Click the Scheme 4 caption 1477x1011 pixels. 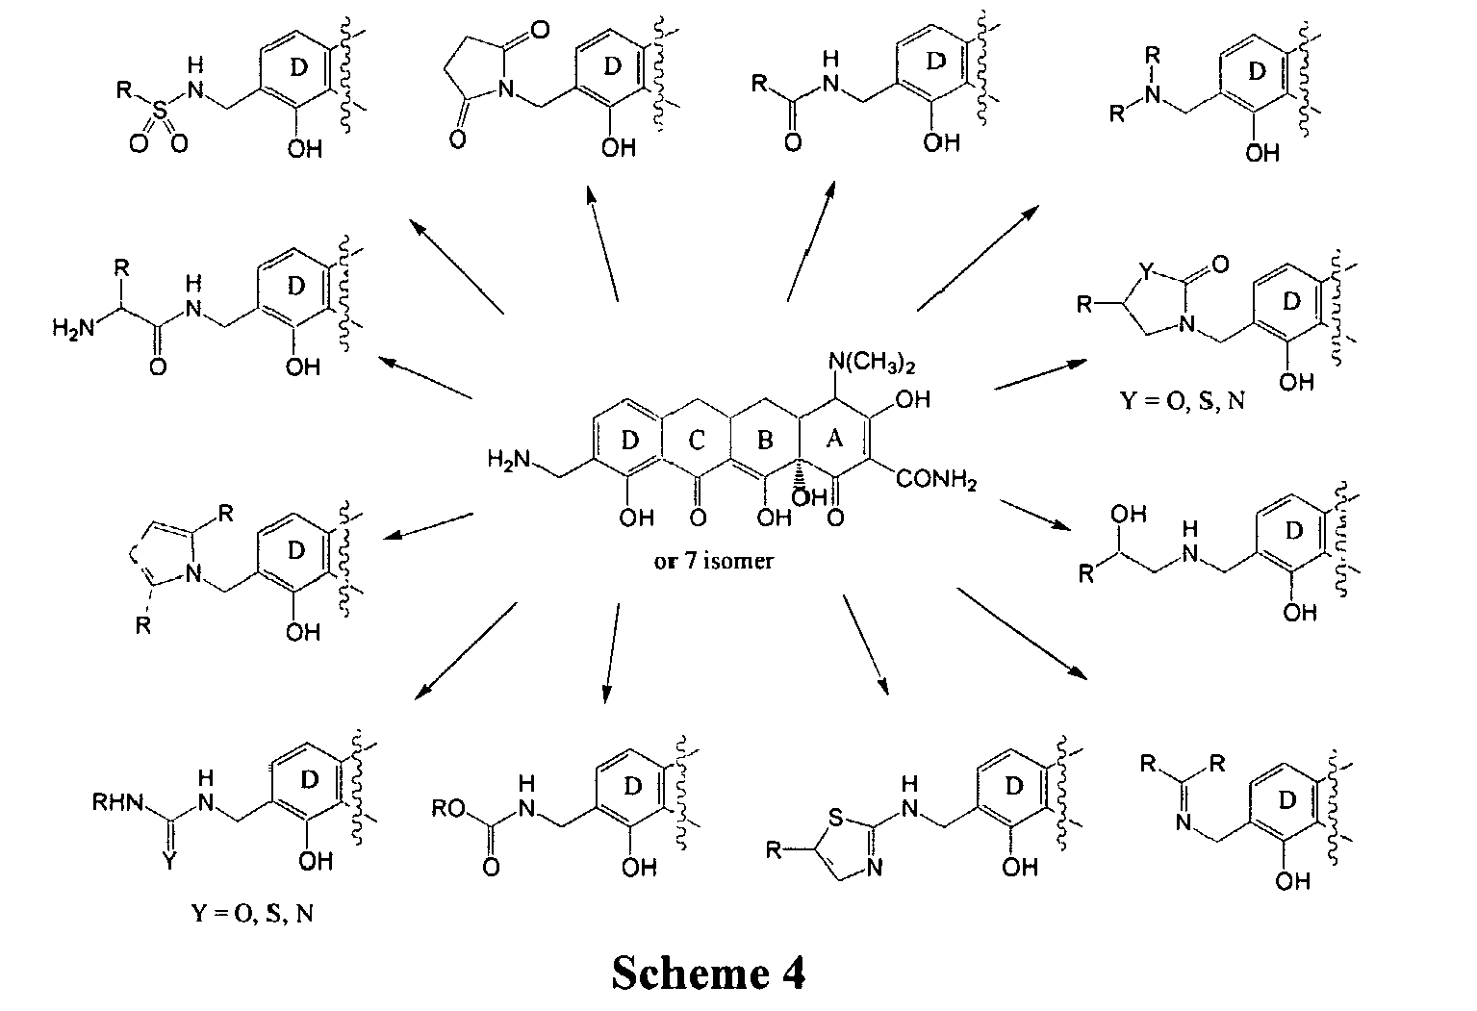(x=708, y=973)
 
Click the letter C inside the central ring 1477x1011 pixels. (x=697, y=441)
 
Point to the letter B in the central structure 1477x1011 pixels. (x=765, y=441)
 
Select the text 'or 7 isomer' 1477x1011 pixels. (x=713, y=560)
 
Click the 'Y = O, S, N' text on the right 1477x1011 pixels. (x=1182, y=400)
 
